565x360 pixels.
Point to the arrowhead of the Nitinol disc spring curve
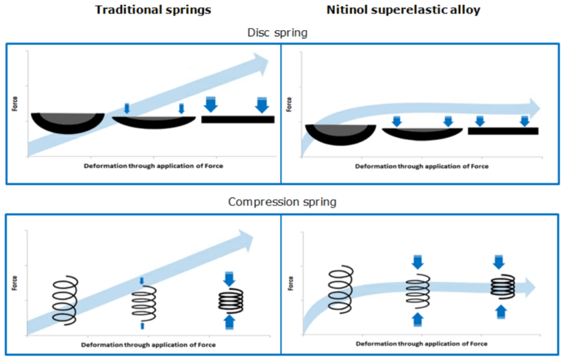[530, 108]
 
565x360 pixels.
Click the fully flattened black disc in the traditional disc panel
[238, 119]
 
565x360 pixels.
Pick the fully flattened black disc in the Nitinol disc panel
[503, 131]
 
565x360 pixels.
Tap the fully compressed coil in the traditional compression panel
[230, 300]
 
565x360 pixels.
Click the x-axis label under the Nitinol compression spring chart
[422, 344]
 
